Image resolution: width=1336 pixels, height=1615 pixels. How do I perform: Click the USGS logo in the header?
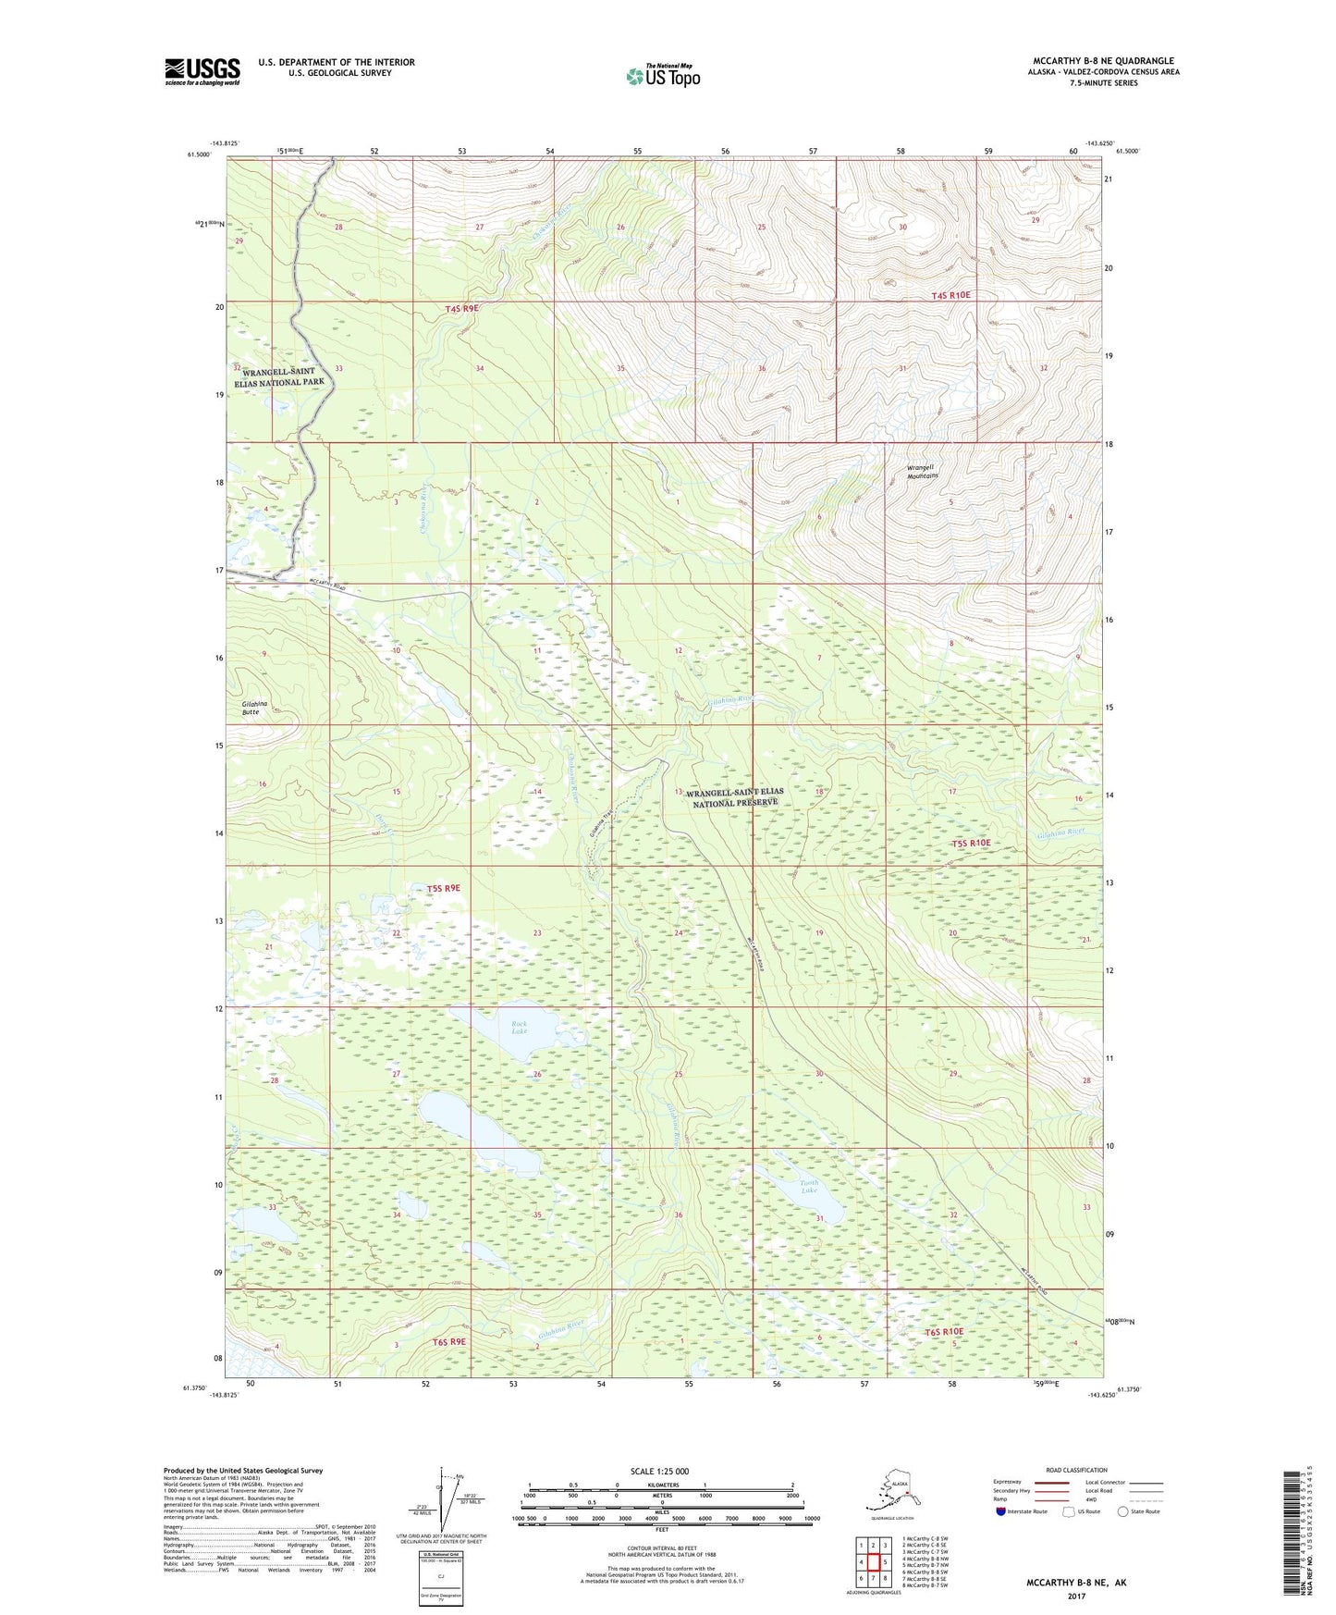202,71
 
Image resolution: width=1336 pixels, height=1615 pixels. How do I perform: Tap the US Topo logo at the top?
662,76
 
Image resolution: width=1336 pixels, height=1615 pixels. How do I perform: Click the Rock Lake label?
520,1027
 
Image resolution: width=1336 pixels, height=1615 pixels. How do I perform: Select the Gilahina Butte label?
244,708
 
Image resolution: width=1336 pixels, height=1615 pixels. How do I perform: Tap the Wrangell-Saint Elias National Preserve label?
734,797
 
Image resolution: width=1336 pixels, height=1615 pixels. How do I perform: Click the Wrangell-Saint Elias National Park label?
284,376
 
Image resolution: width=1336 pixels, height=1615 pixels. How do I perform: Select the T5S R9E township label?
443,888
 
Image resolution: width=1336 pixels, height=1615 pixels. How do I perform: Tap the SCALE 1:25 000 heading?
660,1472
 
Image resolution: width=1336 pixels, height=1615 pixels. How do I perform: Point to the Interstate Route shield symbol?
1002,1512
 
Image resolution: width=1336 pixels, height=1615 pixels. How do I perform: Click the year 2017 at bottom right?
1076,1596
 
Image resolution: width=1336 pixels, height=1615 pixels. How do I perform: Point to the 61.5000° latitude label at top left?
198,155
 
